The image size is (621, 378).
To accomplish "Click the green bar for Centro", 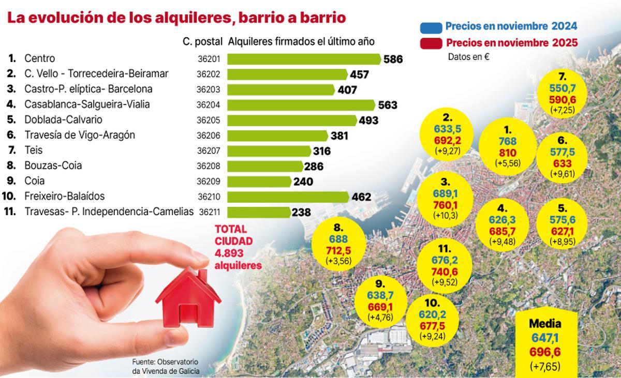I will click(x=304, y=59).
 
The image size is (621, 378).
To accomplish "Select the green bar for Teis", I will click(x=269, y=150).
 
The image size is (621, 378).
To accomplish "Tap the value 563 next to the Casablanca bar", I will click(x=388, y=105).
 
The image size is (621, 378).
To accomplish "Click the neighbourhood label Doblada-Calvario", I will click(x=63, y=120).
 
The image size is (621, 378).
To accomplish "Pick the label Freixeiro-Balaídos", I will click(x=64, y=196).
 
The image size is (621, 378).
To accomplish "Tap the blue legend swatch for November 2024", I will click(x=431, y=26).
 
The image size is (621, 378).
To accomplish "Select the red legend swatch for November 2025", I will click(x=431, y=42).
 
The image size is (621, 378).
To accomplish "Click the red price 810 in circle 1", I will click(x=507, y=153).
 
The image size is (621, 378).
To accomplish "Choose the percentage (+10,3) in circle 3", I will click(x=445, y=216).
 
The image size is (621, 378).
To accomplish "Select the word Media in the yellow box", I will click(x=544, y=324).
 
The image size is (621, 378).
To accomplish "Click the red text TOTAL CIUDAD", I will click(x=234, y=235).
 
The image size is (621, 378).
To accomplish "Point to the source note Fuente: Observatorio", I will click(x=165, y=361).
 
